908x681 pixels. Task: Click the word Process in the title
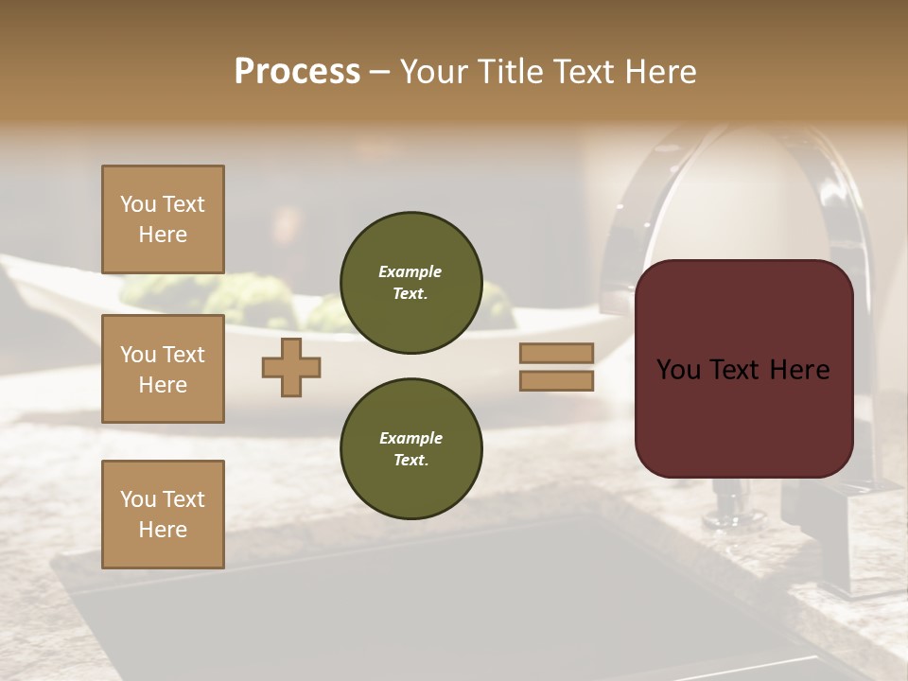click(297, 72)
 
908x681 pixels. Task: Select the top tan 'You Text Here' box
click(163, 219)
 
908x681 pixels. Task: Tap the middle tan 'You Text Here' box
click(163, 369)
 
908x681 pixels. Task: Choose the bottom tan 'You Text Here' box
click(163, 515)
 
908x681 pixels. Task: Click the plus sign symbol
click(291, 367)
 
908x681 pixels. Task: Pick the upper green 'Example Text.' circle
click(410, 283)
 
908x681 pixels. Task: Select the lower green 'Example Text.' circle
click(410, 449)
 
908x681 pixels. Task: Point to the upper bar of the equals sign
click(556, 353)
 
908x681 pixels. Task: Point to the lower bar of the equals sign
click(556, 380)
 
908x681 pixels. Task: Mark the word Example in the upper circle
click(410, 272)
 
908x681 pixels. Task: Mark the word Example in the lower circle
click(410, 439)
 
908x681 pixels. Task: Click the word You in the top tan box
click(136, 204)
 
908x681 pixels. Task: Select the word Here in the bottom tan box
click(163, 530)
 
